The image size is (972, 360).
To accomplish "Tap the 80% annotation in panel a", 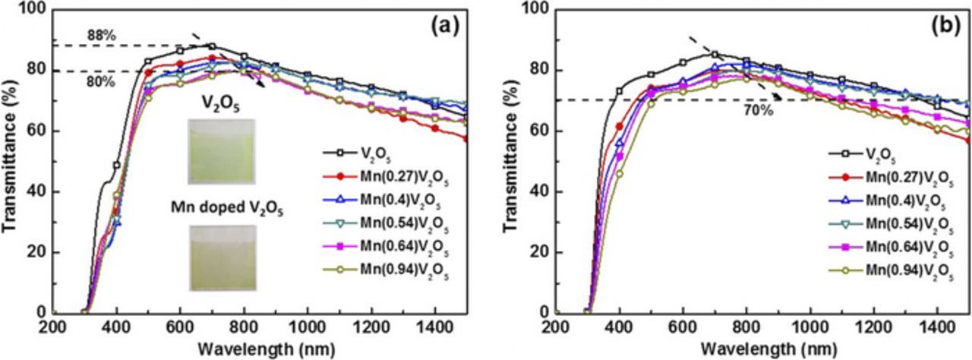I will [99, 82].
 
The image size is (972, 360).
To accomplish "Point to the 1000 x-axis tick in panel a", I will [308, 327].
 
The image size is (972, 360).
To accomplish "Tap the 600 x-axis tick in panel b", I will [683, 327].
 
